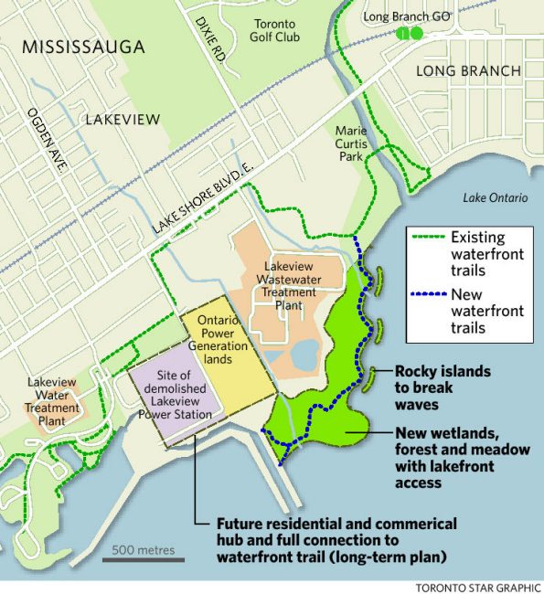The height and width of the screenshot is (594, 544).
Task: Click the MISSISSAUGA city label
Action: [83, 47]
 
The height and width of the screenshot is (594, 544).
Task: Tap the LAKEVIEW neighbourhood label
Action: [123, 119]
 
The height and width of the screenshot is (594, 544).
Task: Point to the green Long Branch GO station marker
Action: [410, 33]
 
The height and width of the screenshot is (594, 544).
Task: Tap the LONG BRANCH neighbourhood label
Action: [468, 70]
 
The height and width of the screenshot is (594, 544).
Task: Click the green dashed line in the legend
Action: [425, 237]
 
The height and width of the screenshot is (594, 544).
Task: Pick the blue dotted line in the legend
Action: [425, 295]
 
